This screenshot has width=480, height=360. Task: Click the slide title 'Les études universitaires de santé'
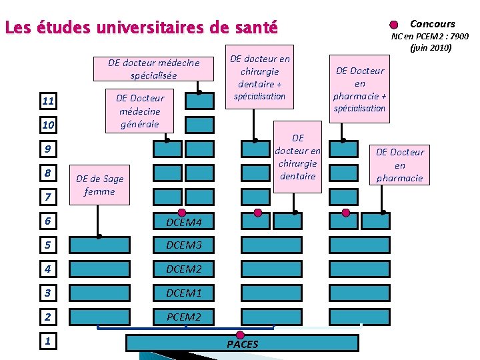pos(141,28)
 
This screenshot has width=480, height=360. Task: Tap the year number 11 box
pos(47,102)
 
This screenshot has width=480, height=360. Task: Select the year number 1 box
pos(47,341)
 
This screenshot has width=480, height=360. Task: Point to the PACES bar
pos(243,343)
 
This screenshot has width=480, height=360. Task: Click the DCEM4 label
pos(183,221)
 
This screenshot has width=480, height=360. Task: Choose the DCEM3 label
pos(183,245)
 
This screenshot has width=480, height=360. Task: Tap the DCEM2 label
pos(183,269)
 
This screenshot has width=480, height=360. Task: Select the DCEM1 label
pos(183,293)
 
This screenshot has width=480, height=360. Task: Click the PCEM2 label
pos(183,317)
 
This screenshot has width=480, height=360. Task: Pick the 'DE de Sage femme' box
pos(99,185)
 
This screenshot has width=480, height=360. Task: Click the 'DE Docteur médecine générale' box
pos(140,111)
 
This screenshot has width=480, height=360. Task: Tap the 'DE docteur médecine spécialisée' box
pos(153,69)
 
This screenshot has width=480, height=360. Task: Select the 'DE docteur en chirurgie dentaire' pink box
pos(297,157)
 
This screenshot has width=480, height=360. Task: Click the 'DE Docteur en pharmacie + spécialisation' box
pos(359,89)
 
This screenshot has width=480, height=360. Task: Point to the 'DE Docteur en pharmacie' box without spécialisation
pos(399,165)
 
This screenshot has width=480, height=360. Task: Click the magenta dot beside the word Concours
pos(394,25)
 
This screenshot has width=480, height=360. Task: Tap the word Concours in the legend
pos(432,24)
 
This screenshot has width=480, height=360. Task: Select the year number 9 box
pos(47,149)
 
